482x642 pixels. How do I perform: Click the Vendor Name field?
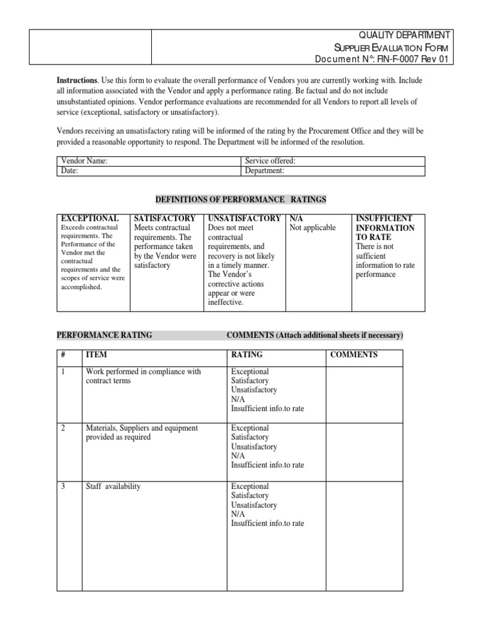(176, 161)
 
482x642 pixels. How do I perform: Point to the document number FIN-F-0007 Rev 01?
(383, 59)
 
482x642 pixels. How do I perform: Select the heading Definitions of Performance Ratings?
(240, 199)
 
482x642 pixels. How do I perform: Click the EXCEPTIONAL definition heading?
(88, 218)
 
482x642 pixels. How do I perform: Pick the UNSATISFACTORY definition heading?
(244, 218)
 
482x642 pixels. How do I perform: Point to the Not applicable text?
(313, 228)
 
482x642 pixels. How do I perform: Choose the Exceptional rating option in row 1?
(250, 372)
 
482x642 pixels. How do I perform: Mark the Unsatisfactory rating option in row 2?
(254, 447)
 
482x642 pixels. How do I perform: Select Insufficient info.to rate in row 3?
(267, 524)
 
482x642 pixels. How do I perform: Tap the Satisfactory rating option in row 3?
(250, 496)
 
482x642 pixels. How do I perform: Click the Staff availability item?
(113, 487)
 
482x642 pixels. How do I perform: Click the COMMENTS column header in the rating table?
(354, 355)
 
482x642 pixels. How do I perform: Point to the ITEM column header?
(97, 355)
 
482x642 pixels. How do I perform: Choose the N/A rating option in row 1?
(238, 399)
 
